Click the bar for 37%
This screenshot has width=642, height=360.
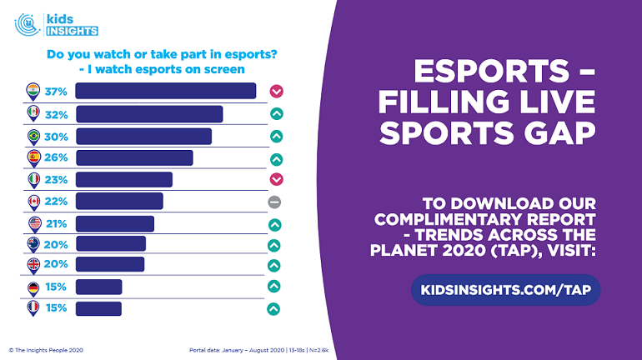pos(166,91)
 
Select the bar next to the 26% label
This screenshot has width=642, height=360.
pos(134,157)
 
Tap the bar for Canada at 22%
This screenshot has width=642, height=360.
pos(119,201)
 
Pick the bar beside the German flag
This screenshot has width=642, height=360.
pos(99,287)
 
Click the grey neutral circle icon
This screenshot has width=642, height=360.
pos(274,202)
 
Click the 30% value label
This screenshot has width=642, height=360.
pos(56,136)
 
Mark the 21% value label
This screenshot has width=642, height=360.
pos(56,223)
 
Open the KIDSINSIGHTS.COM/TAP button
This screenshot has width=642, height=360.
pos(505,289)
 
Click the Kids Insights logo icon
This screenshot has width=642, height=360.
pos(28,23)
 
